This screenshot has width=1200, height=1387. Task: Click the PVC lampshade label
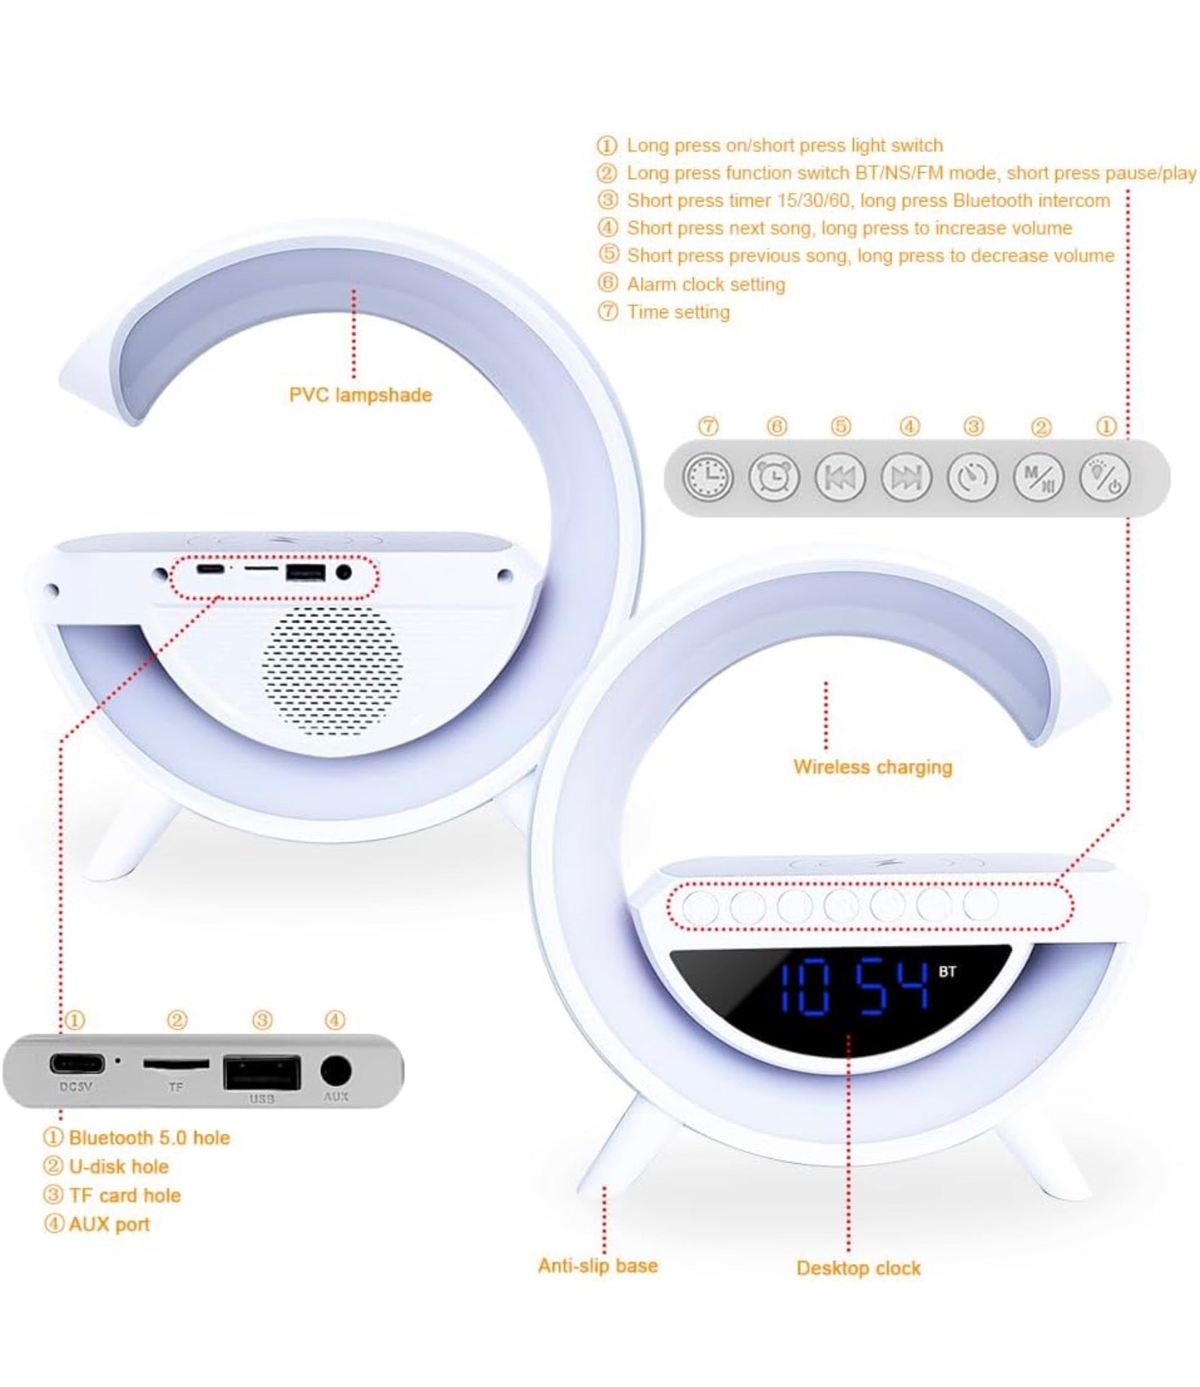[x=360, y=394]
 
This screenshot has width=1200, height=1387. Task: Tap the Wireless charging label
[x=873, y=767]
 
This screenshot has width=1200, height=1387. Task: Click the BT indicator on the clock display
[x=947, y=972]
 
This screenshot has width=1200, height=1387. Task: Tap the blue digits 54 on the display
[x=897, y=988]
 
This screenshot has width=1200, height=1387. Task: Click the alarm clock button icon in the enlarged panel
[x=774, y=476]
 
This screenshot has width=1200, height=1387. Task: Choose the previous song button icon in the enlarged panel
[x=840, y=476]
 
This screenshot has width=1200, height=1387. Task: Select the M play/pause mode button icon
[x=1038, y=476]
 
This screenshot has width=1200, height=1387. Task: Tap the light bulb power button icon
[x=1104, y=476]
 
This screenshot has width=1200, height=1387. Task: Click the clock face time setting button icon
[x=708, y=476]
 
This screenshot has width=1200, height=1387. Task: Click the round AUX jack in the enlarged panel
[x=335, y=1070]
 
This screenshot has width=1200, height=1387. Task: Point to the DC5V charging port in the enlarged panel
[x=76, y=1063]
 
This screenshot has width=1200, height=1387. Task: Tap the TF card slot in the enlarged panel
[x=176, y=1063]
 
